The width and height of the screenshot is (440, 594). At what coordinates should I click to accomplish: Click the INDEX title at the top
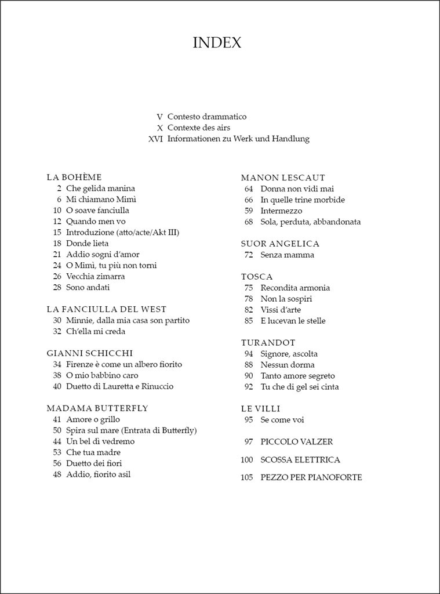click(x=217, y=43)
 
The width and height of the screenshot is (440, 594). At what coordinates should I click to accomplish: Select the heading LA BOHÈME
click(x=74, y=178)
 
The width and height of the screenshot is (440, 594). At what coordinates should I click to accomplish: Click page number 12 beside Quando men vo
click(x=57, y=222)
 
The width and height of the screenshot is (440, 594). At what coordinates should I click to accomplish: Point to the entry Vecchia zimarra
click(x=95, y=277)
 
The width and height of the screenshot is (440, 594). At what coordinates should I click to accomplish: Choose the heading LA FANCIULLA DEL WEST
click(x=106, y=310)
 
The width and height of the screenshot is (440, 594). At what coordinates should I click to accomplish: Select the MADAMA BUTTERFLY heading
click(x=97, y=408)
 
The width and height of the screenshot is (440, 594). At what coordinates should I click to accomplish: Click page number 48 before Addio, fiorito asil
click(x=57, y=475)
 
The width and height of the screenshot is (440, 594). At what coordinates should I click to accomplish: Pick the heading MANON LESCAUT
click(x=283, y=178)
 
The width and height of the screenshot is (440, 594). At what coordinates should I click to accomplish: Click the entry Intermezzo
click(x=281, y=211)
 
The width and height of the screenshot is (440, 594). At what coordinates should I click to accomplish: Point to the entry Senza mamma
click(x=287, y=255)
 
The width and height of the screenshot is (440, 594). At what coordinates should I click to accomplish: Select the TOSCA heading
click(x=257, y=277)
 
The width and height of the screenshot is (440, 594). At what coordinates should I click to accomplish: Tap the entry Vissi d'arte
click(x=281, y=310)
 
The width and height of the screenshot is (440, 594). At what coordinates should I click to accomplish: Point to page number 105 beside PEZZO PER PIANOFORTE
click(x=247, y=477)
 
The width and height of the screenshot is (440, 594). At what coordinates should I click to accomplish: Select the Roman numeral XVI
click(x=155, y=139)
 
